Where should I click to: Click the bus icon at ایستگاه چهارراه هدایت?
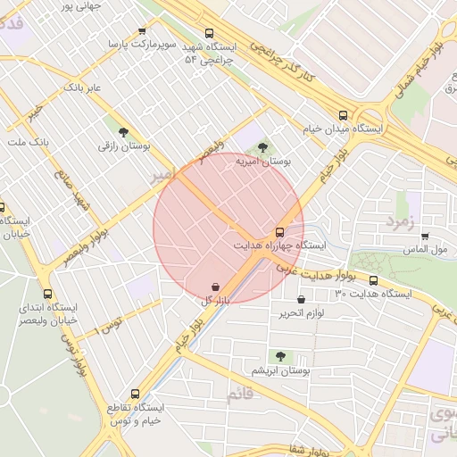[x=280, y=231]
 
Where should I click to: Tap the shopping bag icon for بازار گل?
[x=216, y=287]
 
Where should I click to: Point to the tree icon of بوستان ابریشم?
[x=280, y=357]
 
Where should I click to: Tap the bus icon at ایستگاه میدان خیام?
[x=344, y=115]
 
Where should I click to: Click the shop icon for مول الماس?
[x=425, y=237]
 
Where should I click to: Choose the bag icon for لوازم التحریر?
[x=300, y=300]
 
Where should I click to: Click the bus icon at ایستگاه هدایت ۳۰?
[x=373, y=280]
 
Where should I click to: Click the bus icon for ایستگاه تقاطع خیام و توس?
[x=136, y=393]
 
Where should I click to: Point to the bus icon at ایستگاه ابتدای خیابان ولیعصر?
[x=48, y=294]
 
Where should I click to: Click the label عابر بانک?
[x=84, y=88]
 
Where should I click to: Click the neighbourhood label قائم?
[x=241, y=395]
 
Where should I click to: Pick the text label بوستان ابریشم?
[x=279, y=370]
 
